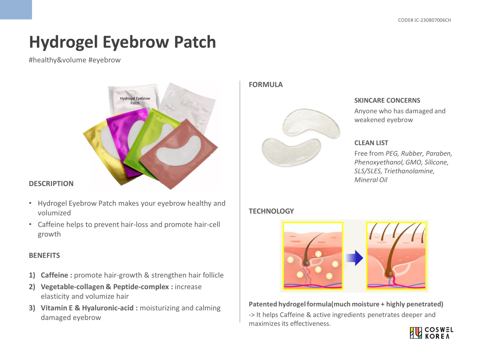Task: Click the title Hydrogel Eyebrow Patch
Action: point(122,42)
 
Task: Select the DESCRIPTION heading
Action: point(51,184)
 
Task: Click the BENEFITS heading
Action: point(44,255)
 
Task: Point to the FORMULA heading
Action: point(266,84)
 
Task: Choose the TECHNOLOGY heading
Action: point(271,211)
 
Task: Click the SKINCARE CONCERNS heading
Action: point(387,100)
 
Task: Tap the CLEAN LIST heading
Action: point(371,143)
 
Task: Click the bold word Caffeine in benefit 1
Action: point(54,275)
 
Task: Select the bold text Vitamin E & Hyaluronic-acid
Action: point(87,308)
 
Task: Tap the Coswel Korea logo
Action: point(432,333)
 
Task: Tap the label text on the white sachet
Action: point(135,100)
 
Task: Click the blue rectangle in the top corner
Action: point(16,10)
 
